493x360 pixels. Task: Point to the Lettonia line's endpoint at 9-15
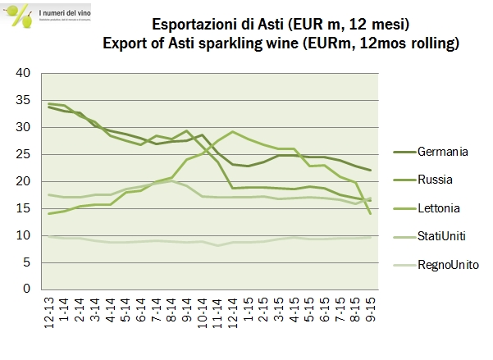[x=371, y=213]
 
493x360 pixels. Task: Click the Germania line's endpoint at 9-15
[x=371, y=170]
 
